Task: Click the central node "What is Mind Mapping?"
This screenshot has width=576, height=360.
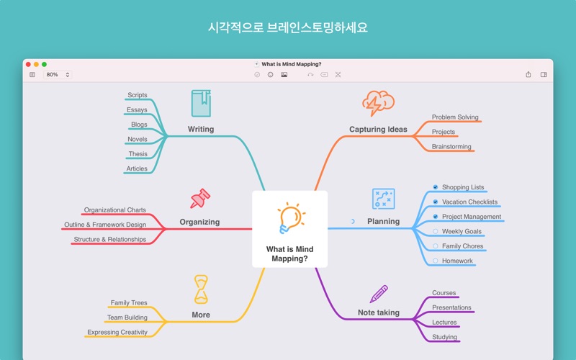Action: tap(290, 229)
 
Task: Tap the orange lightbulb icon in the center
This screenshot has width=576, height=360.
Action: tap(292, 218)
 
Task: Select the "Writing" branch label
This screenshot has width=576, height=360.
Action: tap(201, 129)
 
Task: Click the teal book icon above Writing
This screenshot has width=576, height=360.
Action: tap(202, 104)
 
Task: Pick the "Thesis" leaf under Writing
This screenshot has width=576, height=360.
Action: tap(138, 154)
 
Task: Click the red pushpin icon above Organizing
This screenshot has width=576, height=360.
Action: tap(200, 199)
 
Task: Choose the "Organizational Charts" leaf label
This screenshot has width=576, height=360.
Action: tap(115, 210)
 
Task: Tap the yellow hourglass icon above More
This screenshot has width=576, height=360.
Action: tap(201, 289)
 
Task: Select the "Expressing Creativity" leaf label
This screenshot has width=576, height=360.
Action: tap(117, 332)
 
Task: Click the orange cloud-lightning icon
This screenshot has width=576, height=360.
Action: tap(378, 103)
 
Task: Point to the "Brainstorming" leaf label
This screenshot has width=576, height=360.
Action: tap(451, 147)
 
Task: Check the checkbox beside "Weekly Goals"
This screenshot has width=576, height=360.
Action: tap(436, 231)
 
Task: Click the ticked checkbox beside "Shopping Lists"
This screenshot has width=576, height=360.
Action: tap(436, 187)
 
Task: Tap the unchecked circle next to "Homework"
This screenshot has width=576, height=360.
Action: tap(436, 261)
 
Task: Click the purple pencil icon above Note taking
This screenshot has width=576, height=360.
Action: tap(379, 294)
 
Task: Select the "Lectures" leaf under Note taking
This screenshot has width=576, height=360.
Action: tap(444, 322)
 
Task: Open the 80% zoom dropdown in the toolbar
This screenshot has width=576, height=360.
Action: tap(58, 75)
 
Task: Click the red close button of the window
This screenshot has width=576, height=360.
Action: tap(28, 64)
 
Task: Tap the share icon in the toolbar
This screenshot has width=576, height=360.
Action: tap(528, 75)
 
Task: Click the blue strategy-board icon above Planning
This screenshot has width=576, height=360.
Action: tap(384, 199)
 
